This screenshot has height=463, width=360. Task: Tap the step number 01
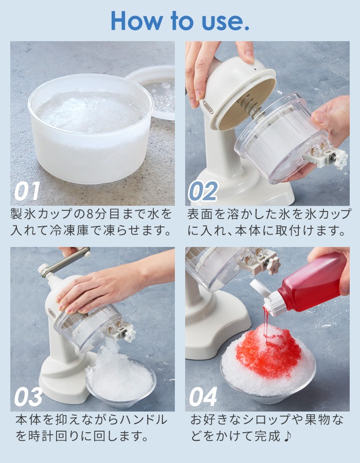coord(27,191)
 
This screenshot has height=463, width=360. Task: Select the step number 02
coord(203,191)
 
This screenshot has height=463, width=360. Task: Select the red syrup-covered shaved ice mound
coord(267,350)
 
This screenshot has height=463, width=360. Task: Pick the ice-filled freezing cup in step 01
coord(90,129)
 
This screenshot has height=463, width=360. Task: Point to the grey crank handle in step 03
coord(64,262)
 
